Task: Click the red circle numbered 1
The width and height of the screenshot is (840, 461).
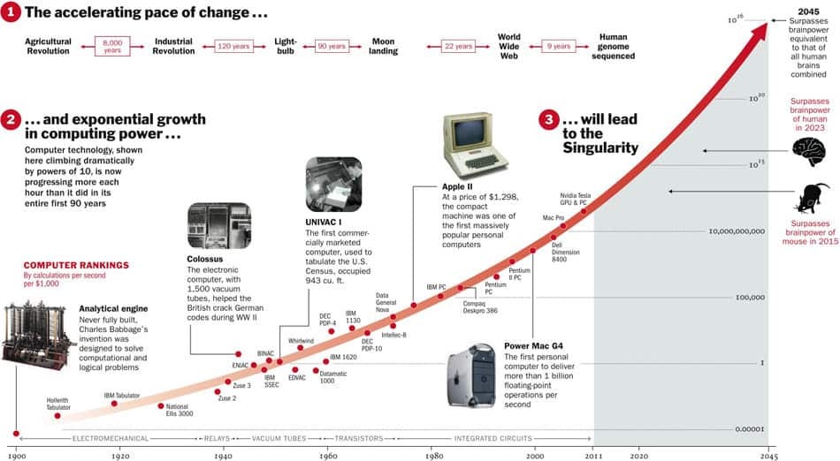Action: point(10,11)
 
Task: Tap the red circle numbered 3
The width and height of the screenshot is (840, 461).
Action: point(549,119)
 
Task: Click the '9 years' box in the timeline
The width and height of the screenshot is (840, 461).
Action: point(560,45)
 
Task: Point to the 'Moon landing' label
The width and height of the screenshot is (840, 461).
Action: point(383,46)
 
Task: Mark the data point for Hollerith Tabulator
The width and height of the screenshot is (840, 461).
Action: point(57,415)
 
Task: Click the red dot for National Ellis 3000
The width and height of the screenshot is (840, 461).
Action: point(160,406)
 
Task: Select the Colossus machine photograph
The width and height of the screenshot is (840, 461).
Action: point(219,226)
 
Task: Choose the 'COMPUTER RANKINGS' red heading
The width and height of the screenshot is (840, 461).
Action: point(76,264)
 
